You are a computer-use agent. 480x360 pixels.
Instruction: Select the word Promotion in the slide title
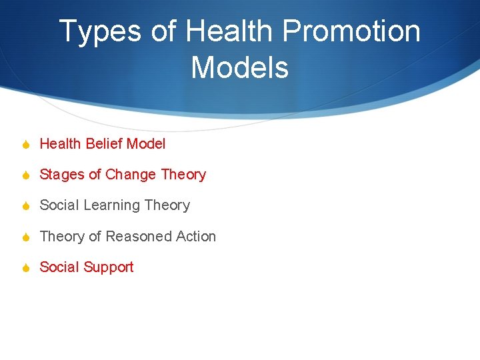[351, 32]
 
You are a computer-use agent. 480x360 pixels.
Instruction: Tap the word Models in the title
[239, 67]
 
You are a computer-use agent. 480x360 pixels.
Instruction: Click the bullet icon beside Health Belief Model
[25, 144]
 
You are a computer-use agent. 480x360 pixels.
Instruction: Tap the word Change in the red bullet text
[131, 175]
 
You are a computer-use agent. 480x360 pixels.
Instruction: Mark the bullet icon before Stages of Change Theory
[25, 175]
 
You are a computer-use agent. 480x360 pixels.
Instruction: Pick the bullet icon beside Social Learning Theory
[25, 206]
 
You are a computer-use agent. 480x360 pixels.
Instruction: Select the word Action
[196, 236]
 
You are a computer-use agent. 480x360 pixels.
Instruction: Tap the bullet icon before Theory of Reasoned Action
[25, 237]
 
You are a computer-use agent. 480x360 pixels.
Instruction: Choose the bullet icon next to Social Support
[25, 267]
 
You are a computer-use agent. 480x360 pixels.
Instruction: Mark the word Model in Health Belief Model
[146, 143]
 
